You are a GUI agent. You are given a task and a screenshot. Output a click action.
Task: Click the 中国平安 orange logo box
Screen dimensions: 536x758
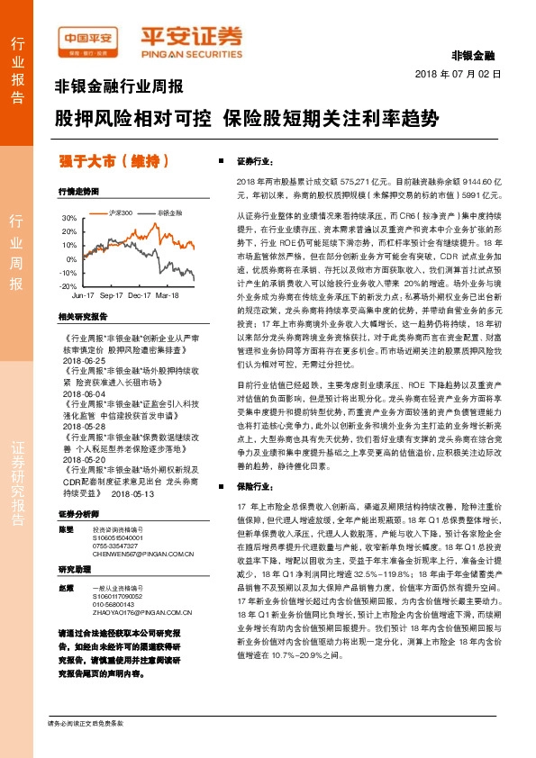87,37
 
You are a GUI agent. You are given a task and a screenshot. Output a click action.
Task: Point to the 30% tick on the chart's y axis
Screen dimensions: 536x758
68,218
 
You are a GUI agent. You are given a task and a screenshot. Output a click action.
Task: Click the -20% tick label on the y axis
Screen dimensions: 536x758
68,285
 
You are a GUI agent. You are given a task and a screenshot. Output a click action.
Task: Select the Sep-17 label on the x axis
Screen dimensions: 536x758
112,295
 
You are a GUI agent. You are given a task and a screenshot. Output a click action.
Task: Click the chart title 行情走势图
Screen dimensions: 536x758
77,192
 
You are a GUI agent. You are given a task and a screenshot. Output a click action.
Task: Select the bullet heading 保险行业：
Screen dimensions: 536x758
254,485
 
